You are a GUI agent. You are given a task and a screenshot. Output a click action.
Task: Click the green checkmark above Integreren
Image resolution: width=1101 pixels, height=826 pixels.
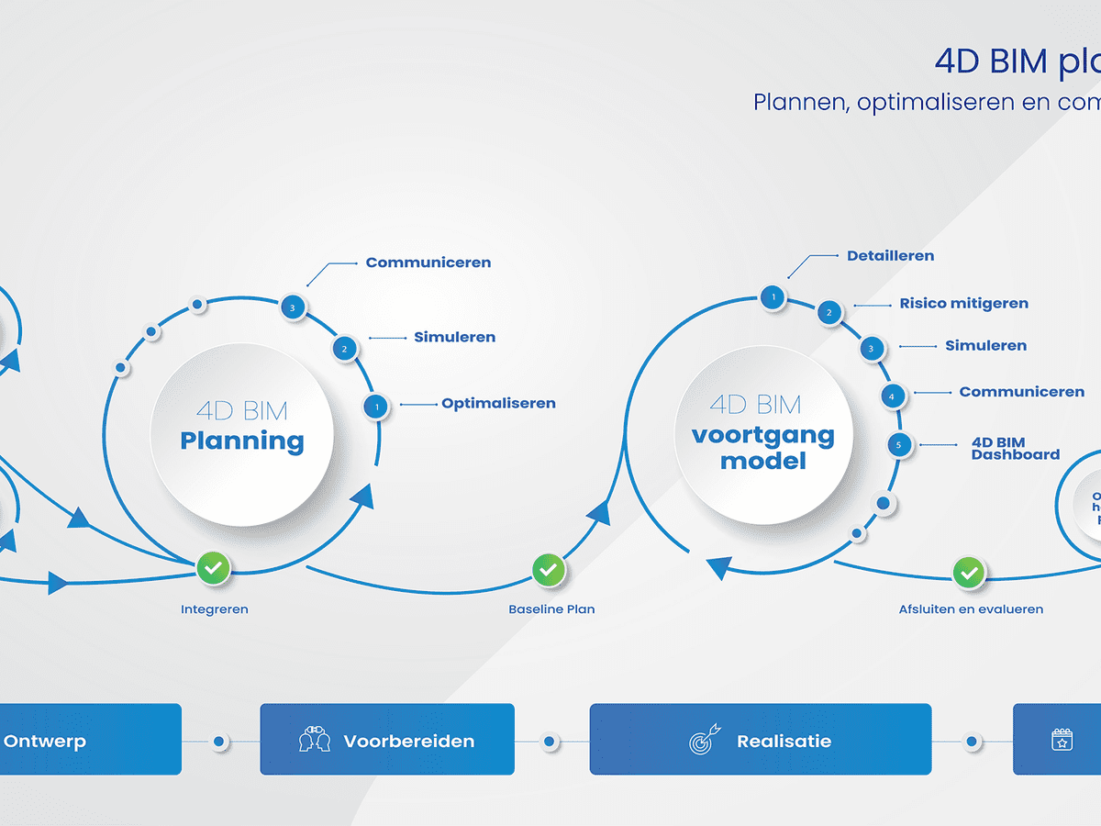213,569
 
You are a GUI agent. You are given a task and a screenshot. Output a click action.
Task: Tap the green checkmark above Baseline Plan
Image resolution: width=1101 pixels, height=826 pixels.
548,570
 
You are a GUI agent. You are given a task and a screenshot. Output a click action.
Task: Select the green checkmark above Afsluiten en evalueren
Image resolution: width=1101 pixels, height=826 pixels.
968,574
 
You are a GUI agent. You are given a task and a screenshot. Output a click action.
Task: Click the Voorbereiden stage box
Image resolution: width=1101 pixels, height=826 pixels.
387,740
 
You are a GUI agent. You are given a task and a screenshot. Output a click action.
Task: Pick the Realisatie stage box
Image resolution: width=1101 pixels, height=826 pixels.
760,740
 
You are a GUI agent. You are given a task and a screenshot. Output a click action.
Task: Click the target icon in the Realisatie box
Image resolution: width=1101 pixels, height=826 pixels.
705,741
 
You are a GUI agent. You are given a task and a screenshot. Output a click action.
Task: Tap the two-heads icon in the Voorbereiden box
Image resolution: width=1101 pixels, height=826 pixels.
315,741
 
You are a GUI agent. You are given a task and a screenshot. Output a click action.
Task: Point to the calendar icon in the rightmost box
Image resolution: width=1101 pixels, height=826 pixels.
1062,740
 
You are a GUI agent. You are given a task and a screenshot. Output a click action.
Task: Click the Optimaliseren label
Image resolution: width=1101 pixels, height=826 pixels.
498,403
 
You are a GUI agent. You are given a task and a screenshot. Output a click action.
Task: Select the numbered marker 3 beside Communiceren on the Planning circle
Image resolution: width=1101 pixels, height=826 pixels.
293,307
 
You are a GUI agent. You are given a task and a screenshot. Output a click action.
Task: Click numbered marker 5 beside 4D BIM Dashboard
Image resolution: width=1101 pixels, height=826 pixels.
899,445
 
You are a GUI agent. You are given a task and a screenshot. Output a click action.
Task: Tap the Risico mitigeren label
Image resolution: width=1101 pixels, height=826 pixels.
963,304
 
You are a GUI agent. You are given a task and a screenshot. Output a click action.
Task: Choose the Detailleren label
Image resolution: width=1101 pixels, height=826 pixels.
890,256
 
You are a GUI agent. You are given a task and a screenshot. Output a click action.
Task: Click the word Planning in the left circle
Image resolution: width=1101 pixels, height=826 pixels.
242,441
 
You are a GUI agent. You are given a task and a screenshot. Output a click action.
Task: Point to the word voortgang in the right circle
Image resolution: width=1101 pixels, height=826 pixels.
762,435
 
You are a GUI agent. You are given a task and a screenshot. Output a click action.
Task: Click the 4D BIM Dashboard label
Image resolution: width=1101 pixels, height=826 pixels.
1015,448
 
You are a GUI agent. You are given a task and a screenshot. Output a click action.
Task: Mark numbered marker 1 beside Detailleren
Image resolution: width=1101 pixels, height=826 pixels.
773,296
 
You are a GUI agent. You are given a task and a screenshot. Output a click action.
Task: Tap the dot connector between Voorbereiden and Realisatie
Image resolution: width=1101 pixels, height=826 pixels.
549,741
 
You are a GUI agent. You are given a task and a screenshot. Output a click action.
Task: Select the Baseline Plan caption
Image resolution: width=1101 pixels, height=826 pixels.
551,609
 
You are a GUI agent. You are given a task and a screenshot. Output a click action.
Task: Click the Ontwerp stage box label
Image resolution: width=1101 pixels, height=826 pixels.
45,741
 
